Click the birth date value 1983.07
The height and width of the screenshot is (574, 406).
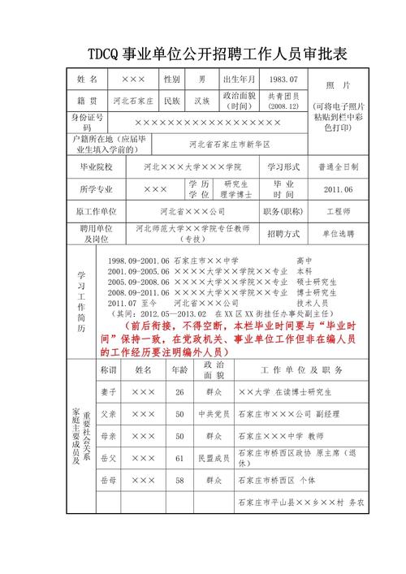[283, 80]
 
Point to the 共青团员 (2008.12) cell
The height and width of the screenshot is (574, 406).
[283, 101]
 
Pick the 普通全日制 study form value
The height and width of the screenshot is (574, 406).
[337, 166]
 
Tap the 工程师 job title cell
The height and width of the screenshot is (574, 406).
[337, 211]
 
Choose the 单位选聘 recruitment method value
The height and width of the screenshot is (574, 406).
[337, 233]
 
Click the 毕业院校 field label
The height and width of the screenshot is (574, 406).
[95, 166]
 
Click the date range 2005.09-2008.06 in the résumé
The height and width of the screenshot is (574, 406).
[137, 282]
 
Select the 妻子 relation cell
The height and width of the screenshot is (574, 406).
[107, 391]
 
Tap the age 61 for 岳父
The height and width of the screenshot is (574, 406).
[179, 459]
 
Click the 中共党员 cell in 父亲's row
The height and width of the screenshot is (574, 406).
[214, 413]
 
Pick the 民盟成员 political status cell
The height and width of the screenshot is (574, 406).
[214, 459]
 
